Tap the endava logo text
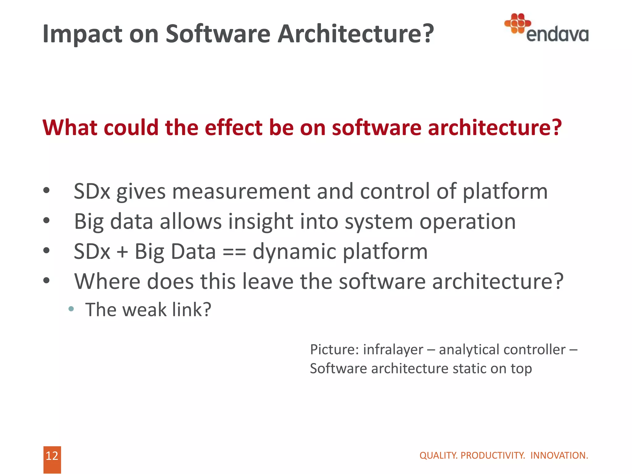[x=557, y=35]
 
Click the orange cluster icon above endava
[x=518, y=23]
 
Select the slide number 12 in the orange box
[x=52, y=456]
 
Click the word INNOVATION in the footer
[x=559, y=455]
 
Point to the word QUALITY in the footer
[x=439, y=455]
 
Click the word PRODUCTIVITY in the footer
[x=493, y=455]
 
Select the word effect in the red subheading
[x=234, y=127]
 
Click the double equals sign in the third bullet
[x=234, y=252]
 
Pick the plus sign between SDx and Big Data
[x=122, y=252]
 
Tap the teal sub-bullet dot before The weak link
[x=71, y=309]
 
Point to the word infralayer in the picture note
[x=393, y=350]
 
